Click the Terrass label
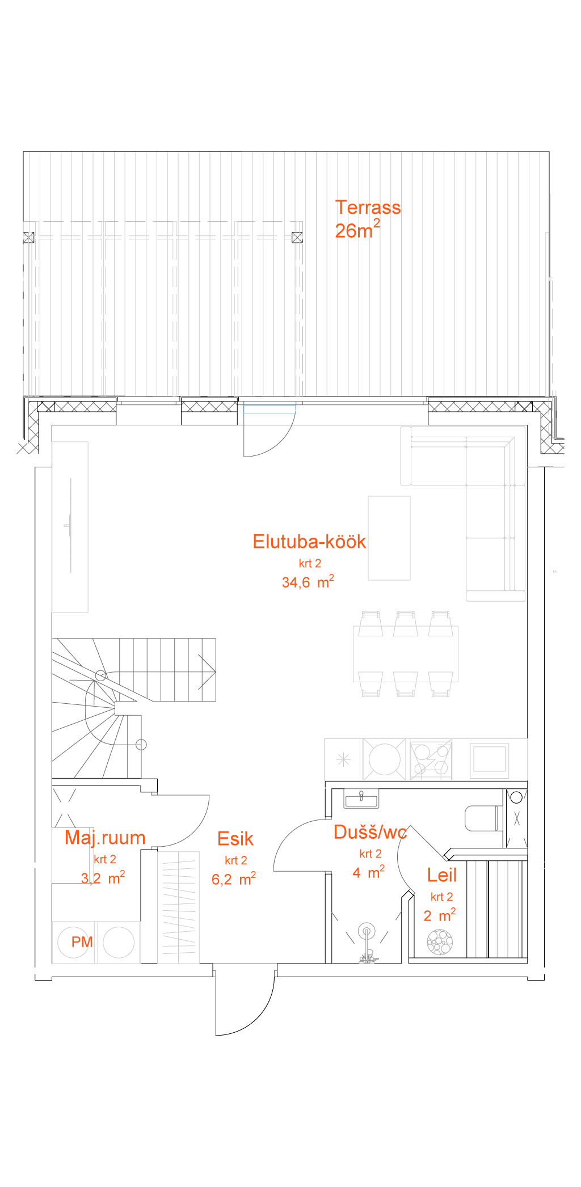pyautogui.click(x=368, y=208)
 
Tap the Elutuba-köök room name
pyautogui.click(x=309, y=542)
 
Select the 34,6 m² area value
pyautogui.click(x=308, y=582)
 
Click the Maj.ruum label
pyautogui.click(x=105, y=838)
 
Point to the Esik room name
pyautogui.click(x=235, y=839)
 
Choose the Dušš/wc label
pyautogui.click(x=371, y=832)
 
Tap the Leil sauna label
pyautogui.click(x=442, y=875)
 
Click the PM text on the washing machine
pyautogui.click(x=82, y=942)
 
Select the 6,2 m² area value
pyautogui.click(x=234, y=879)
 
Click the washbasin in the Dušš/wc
pyautogui.click(x=361, y=799)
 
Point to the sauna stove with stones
pyautogui.click(x=440, y=942)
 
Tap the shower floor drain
pyautogui.click(x=367, y=931)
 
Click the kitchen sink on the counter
pyautogui.click(x=385, y=759)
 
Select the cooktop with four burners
pyautogui.click(x=431, y=759)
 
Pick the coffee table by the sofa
pyautogui.click(x=389, y=538)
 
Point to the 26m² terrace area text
pyautogui.click(x=357, y=230)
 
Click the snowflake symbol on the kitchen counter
pyautogui.click(x=343, y=759)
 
